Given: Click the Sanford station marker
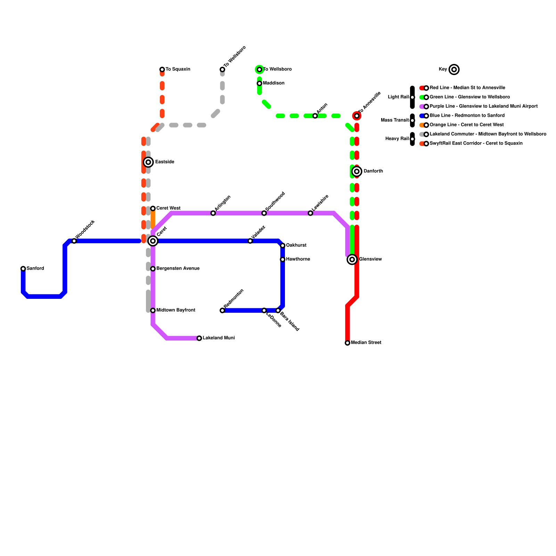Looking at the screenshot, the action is pyautogui.click(x=23, y=269).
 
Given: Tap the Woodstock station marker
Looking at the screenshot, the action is pyautogui.click(x=74, y=241).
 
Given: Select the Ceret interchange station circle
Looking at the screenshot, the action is pyautogui.click(x=153, y=241).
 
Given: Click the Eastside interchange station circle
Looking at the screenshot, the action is pyautogui.click(x=148, y=162).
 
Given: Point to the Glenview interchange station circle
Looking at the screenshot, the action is pyautogui.click(x=352, y=259).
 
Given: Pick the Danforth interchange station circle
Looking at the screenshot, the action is pyautogui.click(x=357, y=171).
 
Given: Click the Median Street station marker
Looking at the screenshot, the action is pyautogui.click(x=347, y=343).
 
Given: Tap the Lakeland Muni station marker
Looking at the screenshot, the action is pyautogui.click(x=199, y=338).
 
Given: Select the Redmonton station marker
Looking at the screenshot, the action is pyautogui.click(x=222, y=310).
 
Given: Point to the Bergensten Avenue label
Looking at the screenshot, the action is pyautogui.click(x=178, y=269).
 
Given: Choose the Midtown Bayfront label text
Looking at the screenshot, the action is pyautogui.click(x=175, y=310).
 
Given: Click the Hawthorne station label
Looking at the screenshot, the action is pyautogui.click(x=298, y=259).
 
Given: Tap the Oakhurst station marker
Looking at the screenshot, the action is pyautogui.click(x=283, y=246).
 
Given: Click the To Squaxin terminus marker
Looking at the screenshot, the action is pyautogui.click(x=162, y=69).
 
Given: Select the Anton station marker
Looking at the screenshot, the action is pyautogui.click(x=315, y=116).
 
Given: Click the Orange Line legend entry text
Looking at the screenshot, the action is pyautogui.click(x=466, y=125).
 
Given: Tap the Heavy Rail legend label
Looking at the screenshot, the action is pyautogui.click(x=397, y=139).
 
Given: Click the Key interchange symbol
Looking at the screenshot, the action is pyautogui.click(x=454, y=69).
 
